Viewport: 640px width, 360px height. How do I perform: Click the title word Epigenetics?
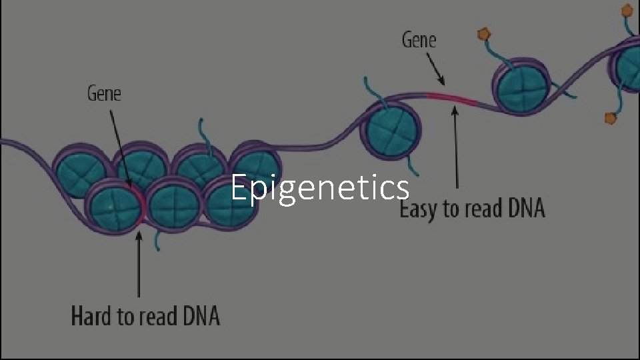pyautogui.click(x=320, y=188)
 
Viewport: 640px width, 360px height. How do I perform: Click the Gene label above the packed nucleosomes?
pyautogui.click(x=105, y=94)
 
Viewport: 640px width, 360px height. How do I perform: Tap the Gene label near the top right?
pyautogui.click(x=419, y=41)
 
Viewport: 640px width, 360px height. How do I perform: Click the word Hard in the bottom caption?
pyautogui.click(x=93, y=315)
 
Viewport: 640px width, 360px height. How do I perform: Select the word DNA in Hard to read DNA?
pyautogui.click(x=197, y=315)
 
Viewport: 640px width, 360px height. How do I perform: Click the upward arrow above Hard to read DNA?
pyautogui.click(x=139, y=263)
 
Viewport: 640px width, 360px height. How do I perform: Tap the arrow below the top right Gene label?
pyautogui.click(x=434, y=70)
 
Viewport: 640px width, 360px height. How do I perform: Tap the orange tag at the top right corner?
pyautogui.click(x=627, y=9)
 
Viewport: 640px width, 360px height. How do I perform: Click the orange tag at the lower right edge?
pyautogui.click(x=610, y=118)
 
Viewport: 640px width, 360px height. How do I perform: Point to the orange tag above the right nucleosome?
pyautogui.click(x=484, y=33)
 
